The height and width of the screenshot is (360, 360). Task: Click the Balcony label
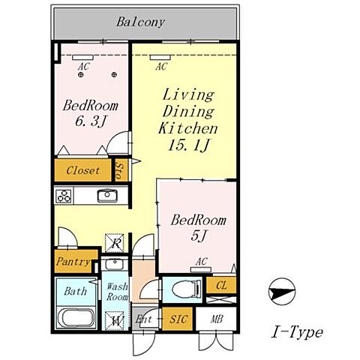coord(140,22)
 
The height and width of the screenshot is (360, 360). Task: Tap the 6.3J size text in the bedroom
coord(91,121)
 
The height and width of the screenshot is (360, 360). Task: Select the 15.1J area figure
coord(188,145)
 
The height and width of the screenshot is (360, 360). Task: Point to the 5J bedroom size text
coord(199,235)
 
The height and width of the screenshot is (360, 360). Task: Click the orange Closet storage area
coord(83,170)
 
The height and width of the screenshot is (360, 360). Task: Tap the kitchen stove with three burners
coord(64,196)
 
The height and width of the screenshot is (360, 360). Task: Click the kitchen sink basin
coord(107,196)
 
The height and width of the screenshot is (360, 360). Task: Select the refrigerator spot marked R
coord(115,243)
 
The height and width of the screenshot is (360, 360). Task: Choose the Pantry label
coord(73,262)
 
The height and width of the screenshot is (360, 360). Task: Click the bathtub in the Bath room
coord(76,318)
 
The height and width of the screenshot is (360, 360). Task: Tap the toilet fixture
coord(187,289)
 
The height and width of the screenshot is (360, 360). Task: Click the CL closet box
coord(221,285)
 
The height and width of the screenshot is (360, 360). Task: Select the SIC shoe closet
coord(178,319)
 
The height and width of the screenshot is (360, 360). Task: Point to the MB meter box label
coord(217,319)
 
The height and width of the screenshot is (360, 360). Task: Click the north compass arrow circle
coord(282,292)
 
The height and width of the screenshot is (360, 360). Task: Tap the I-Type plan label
coord(297,332)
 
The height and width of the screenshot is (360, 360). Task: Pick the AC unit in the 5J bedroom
coord(201,270)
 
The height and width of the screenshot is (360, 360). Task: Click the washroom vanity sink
coord(115,264)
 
